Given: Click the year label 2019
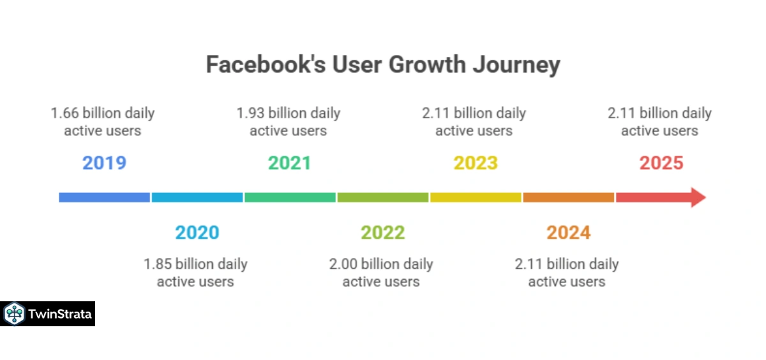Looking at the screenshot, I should pos(104,163).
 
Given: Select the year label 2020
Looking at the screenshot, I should pos(197,232).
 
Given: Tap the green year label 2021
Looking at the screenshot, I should pos(289,163).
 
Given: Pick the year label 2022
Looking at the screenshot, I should pos(382,232).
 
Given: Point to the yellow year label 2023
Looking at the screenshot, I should pos(476,163).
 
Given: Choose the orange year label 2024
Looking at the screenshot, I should pos(568,232).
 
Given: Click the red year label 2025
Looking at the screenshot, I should pos(661,163).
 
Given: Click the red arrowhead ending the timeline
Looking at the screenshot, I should pos(696,197).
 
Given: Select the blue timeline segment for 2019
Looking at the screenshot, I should pos(104,197).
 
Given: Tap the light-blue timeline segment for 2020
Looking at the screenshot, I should pos(197,197).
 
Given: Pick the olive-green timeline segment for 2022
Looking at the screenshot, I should pos(382,197).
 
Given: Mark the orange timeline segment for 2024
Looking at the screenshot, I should pos(568,197).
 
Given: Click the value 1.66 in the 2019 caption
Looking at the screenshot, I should pos(64,114).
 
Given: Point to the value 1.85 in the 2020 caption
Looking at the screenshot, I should pos(157,264).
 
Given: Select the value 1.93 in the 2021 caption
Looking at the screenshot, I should pos(250,114).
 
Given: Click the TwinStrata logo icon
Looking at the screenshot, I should pos(14,314).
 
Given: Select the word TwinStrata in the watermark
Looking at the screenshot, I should pos(60,314).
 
